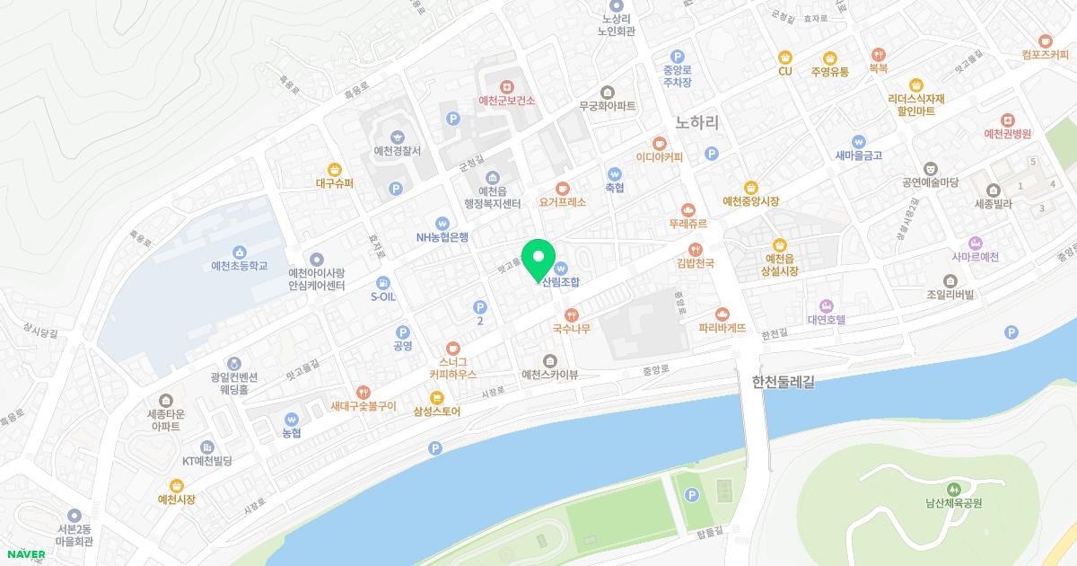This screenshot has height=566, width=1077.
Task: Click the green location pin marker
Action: point(538,261)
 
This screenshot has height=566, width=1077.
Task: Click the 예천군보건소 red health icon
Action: point(507,85)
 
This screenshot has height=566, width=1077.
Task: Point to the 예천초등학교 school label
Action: point(239,267)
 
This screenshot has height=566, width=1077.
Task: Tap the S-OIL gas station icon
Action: point(383,281)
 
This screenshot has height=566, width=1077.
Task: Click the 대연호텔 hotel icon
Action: point(827,305)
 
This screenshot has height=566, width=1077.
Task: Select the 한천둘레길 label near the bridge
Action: point(783,382)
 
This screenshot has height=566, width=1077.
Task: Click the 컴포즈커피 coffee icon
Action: point(1045,40)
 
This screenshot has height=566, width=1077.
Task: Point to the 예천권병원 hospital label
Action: point(1008,134)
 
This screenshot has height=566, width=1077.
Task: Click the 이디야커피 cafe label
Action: point(660,157)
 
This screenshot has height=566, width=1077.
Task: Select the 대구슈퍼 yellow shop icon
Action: point(335,168)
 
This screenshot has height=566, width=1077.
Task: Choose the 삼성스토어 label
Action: point(436,411)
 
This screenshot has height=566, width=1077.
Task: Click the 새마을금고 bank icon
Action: point(859,140)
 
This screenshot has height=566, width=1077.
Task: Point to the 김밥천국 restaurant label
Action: point(695,263)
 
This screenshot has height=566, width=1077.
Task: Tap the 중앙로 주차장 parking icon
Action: point(678,56)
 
